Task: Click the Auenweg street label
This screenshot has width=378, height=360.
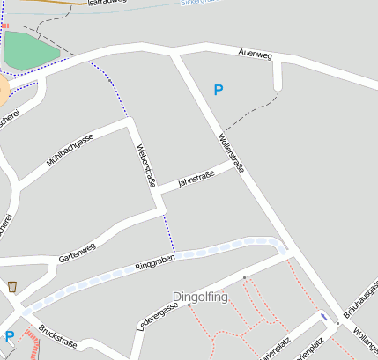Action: click(x=256, y=55)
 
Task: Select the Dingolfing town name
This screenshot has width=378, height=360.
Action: click(x=200, y=297)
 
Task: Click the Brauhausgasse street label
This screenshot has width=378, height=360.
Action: click(x=360, y=300)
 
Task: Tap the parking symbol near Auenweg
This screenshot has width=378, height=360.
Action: click(x=219, y=89)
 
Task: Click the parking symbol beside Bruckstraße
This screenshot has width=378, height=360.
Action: click(x=10, y=335)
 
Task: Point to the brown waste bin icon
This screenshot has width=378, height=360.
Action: click(x=11, y=286)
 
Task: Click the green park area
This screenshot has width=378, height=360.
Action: click(x=30, y=51)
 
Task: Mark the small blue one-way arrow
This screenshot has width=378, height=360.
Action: click(x=326, y=316)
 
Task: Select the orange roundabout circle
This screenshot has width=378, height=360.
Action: click(x=2, y=89)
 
